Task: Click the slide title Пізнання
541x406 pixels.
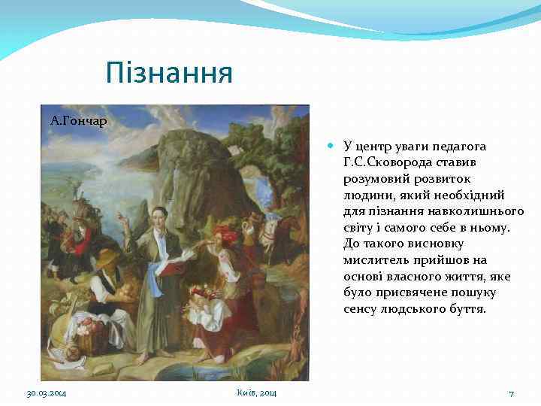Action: (169, 73)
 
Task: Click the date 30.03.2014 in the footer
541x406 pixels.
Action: (47, 393)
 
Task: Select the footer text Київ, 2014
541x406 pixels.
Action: (255, 393)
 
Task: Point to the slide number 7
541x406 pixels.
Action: (511, 393)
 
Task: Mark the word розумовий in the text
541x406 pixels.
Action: (374, 179)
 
